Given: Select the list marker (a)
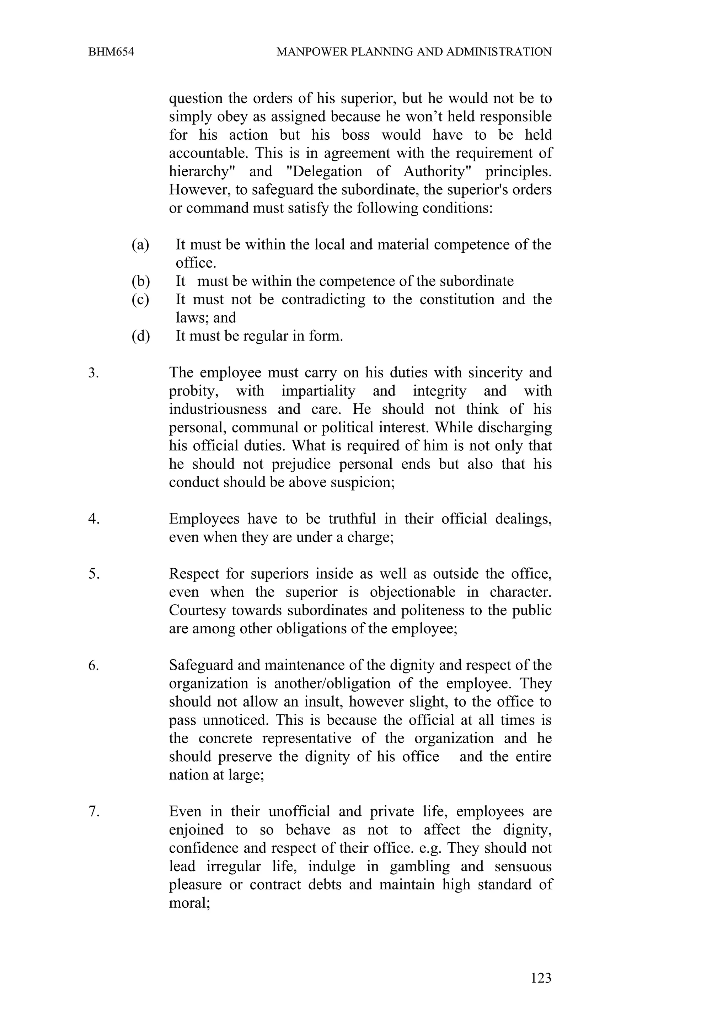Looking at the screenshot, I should click(x=140, y=245).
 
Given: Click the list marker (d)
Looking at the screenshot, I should click(x=140, y=336).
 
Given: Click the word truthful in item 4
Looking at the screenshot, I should click(x=352, y=519).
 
